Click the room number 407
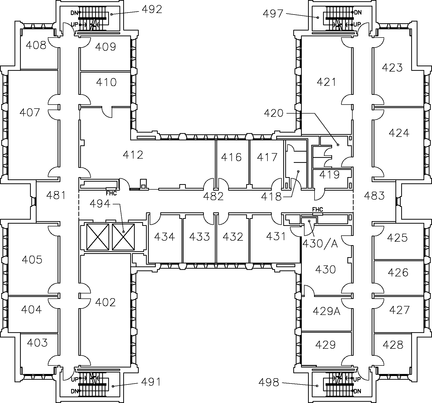[x=30, y=112]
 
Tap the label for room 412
[x=133, y=155]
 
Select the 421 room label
[x=326, y=82]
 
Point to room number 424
[x=399, y=133]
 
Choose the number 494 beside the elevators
[x=100, y=204]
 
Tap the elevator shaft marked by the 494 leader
[x=123, y=237]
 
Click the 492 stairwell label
[x=152, y=9]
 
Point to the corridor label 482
[x=213, y=196]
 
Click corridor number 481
[x=56, y=195]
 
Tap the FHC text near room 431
[x=318, y=209]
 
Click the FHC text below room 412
[x=111, y=193]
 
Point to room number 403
[x=37, y=342]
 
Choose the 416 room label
[x=231, y=157]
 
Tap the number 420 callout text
[x=274, y=113]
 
